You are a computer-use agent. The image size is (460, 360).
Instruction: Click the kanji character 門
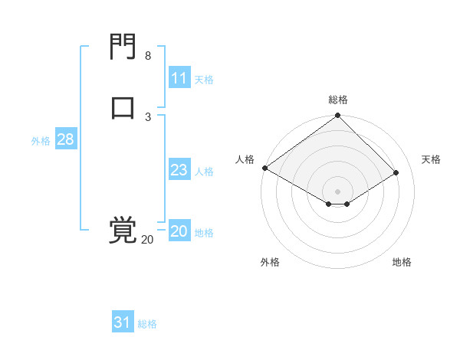(123, 47)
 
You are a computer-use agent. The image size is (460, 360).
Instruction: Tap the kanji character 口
(123, 106)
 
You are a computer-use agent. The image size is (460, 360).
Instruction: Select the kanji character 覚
(123, 231)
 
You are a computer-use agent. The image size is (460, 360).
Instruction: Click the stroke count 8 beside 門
(148, 56)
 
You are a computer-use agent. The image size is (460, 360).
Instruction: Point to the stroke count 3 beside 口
(148, 116)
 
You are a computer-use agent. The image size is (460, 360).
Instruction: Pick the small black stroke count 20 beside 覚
(147, 240)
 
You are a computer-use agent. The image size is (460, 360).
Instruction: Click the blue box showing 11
(179, 78)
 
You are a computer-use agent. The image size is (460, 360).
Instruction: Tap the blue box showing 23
(179, 170)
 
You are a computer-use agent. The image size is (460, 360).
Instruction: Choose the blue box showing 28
(65, 139)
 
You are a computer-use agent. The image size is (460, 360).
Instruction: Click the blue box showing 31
(123, 322)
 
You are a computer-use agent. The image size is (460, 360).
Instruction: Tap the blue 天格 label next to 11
(203, 79)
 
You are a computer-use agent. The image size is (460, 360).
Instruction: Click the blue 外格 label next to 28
(41, 141)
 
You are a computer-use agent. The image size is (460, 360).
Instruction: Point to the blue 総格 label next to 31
(147, 324)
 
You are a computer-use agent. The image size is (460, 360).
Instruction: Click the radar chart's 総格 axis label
(338, 100)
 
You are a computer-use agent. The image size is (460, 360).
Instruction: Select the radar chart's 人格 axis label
(245, 159)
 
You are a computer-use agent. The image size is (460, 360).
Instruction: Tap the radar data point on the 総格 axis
(338, 116)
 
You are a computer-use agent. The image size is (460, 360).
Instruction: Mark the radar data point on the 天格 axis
(396, 173)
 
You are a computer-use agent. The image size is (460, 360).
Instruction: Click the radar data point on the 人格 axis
(264, 168)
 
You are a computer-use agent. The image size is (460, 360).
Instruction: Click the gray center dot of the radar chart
(338, 191)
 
